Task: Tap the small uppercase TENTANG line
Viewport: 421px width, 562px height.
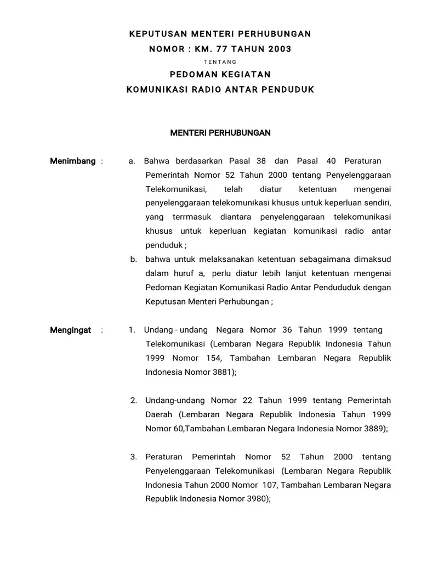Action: [x=220, y=62]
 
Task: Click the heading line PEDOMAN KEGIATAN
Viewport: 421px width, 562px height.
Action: [x=220, y=74]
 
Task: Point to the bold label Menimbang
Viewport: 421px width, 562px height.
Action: [x=72, y=161]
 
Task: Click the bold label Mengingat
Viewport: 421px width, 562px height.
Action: [x=70, y=330]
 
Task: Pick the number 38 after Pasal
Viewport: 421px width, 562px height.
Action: [x=261, y=161]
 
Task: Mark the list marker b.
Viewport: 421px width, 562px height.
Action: [x=133, y=259]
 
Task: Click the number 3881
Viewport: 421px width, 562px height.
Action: [x=222, y=372]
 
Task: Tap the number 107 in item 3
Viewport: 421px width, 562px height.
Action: [x=266, y=485]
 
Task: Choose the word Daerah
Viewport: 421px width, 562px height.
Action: [x=159, y=414]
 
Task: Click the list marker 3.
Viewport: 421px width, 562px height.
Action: [x=133, y=457]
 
